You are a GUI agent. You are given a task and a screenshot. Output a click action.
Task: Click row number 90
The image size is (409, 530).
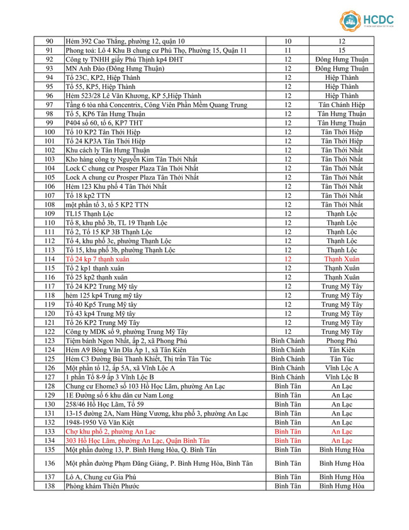50,41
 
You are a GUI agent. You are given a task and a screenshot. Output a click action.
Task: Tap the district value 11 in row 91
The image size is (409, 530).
288,50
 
